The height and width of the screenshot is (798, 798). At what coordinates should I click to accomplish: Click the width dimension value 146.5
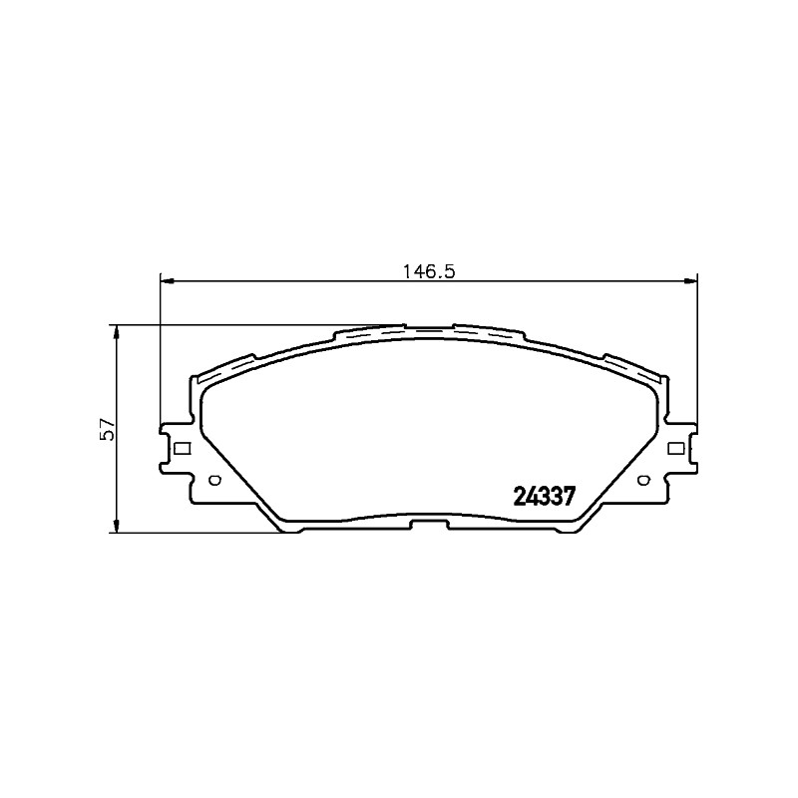pyautogui.click(x=429, y=271)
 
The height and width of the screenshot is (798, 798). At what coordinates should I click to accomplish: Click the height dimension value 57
pyautogui.click(x=109, y=429)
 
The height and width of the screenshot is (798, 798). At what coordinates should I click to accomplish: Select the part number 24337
pyautogui.click(x=544, y=496)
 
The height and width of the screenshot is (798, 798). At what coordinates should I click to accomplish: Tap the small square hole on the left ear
pyautogui.click(x=183, y=448)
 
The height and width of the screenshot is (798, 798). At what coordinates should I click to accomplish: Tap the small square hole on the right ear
pyautogui.click(x=675, y=448)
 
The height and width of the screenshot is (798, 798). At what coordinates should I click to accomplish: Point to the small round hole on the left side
pyautogui.click(x=214, y=480)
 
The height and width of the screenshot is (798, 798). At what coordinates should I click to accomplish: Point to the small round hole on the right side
pyautogui.click(x=643, y=480)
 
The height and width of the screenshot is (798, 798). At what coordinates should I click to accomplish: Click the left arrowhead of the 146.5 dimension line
pyautogui.click(x=168, y=280)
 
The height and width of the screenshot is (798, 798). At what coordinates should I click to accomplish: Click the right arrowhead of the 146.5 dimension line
pyautogui.click(x=690, y=280)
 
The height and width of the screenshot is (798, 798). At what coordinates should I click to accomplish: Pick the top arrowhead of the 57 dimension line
pyautogui.click(x=117, y=332)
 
